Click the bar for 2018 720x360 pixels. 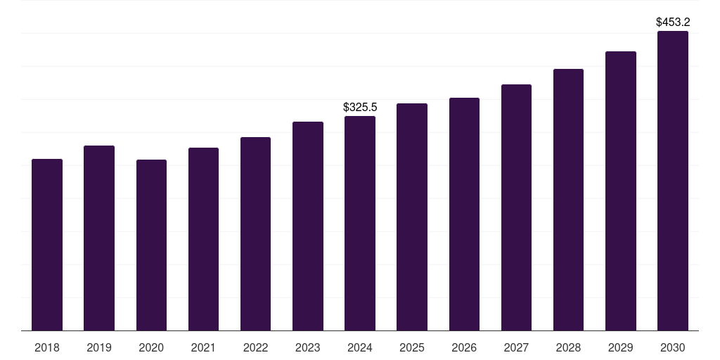point(47,245)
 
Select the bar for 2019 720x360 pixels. point(99,238)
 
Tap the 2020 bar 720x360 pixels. point(152,245)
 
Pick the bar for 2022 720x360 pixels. point(255,233)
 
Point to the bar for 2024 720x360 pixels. point(360,223)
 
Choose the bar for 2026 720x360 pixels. point(464,214)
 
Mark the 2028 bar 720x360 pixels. point(568,200)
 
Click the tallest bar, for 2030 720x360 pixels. point(673,181)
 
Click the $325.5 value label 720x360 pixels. point(360,107)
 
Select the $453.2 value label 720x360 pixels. point(673,22)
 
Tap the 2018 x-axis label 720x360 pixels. point(47,347)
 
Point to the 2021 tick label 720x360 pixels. point(203,347)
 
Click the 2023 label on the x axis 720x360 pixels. point(308,347)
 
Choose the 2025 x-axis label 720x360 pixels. point(412,347)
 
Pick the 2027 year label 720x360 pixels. point(516,347)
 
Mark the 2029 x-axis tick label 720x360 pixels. point(621,347)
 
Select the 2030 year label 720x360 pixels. point(673,347)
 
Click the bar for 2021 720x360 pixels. point(203,239)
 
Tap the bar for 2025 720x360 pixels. point(412,217)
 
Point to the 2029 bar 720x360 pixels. point(621,191)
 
